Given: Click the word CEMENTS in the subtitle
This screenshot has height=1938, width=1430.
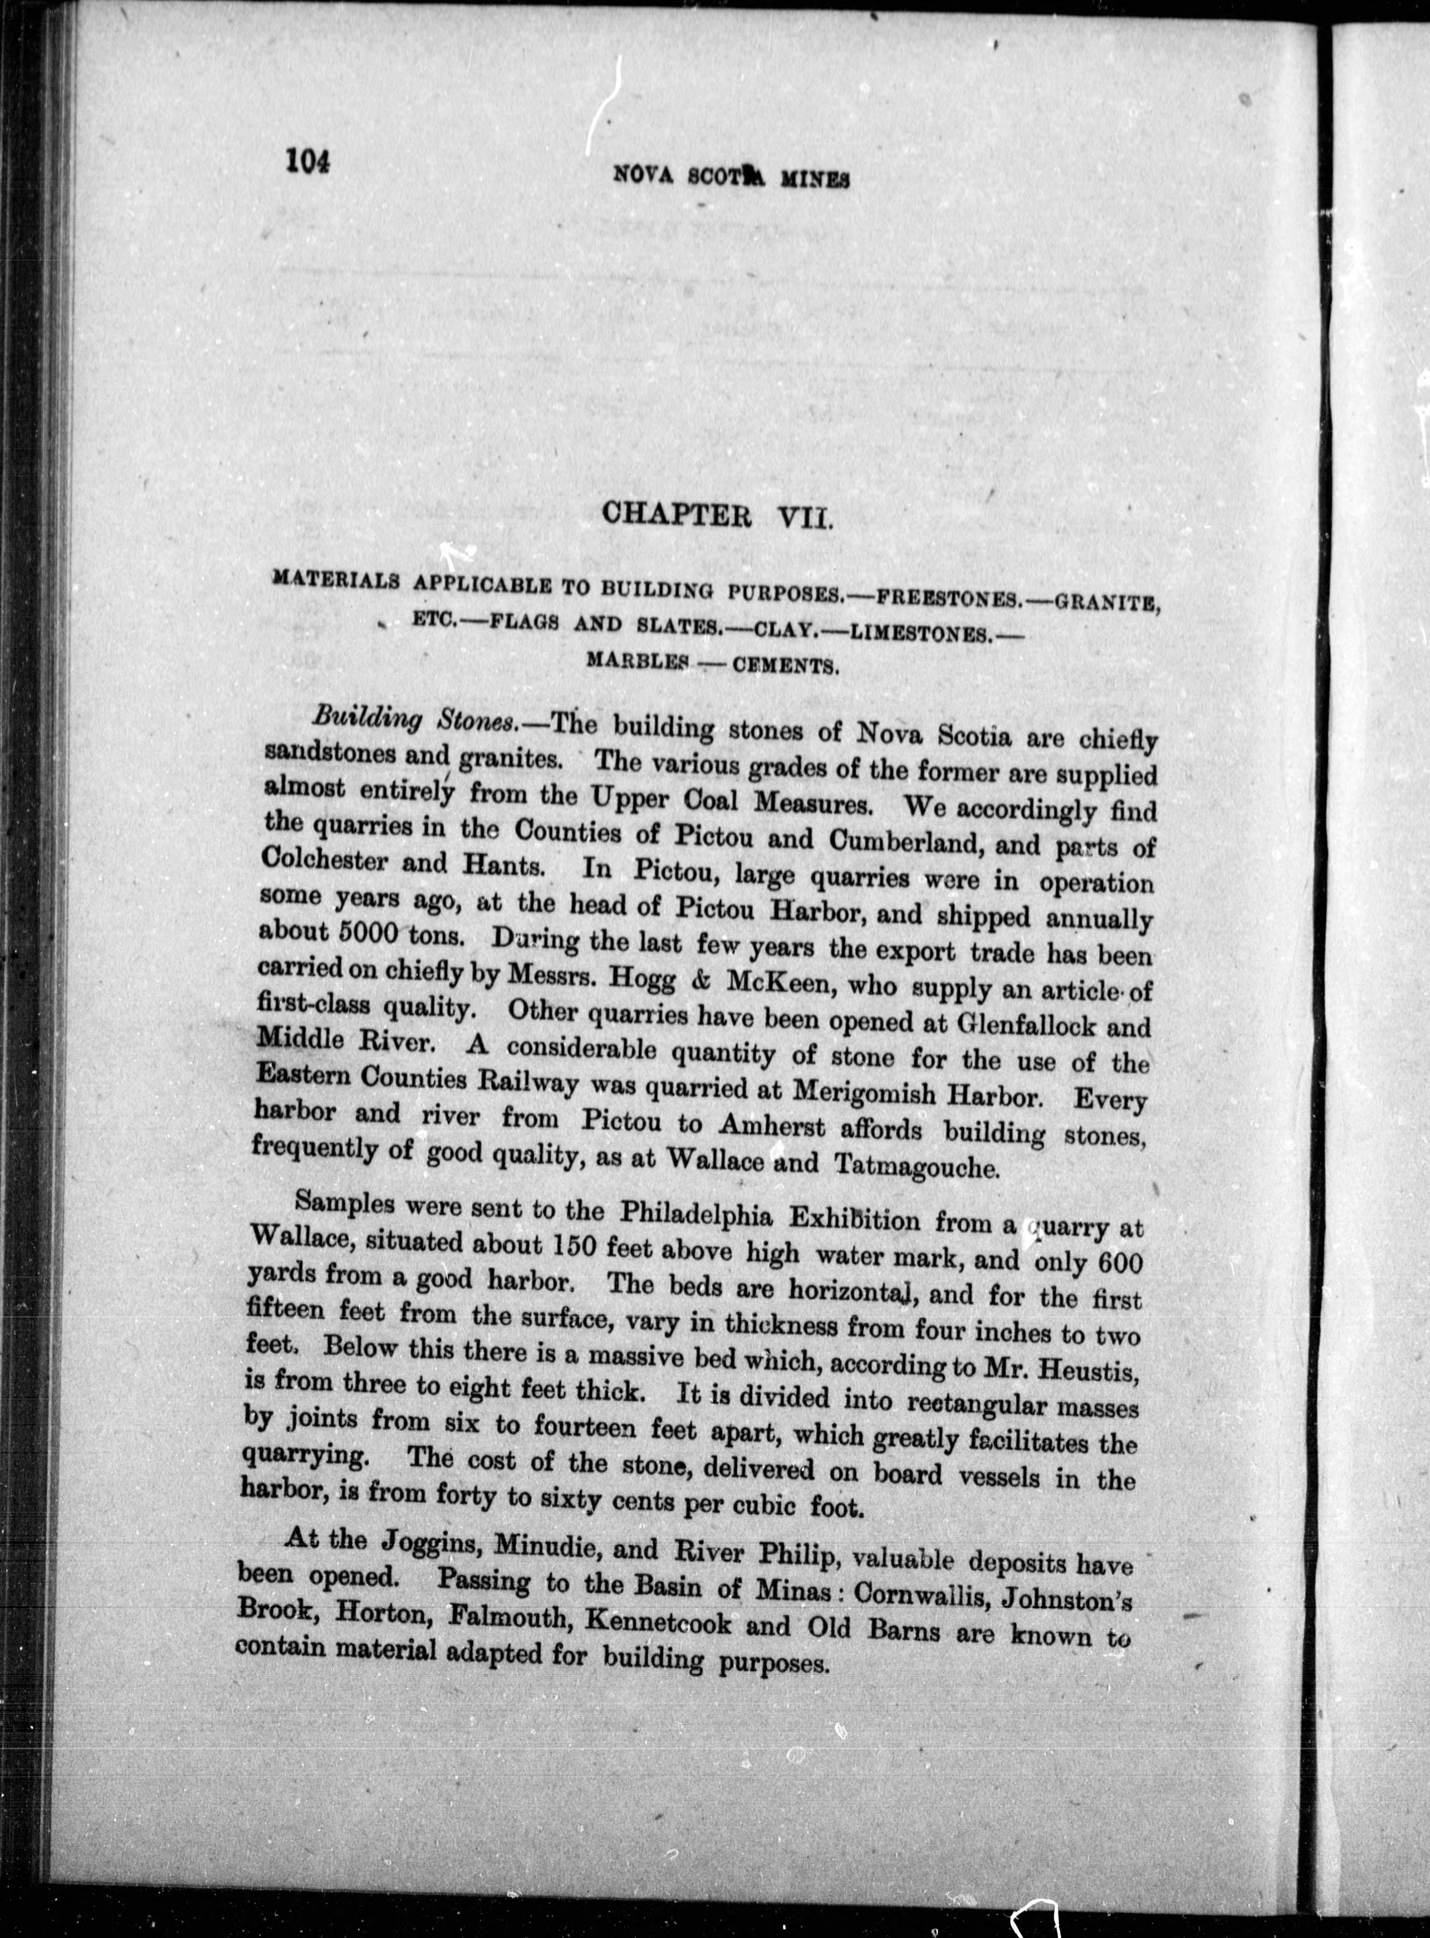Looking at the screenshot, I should pyautogui.click(x=786, y=667).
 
